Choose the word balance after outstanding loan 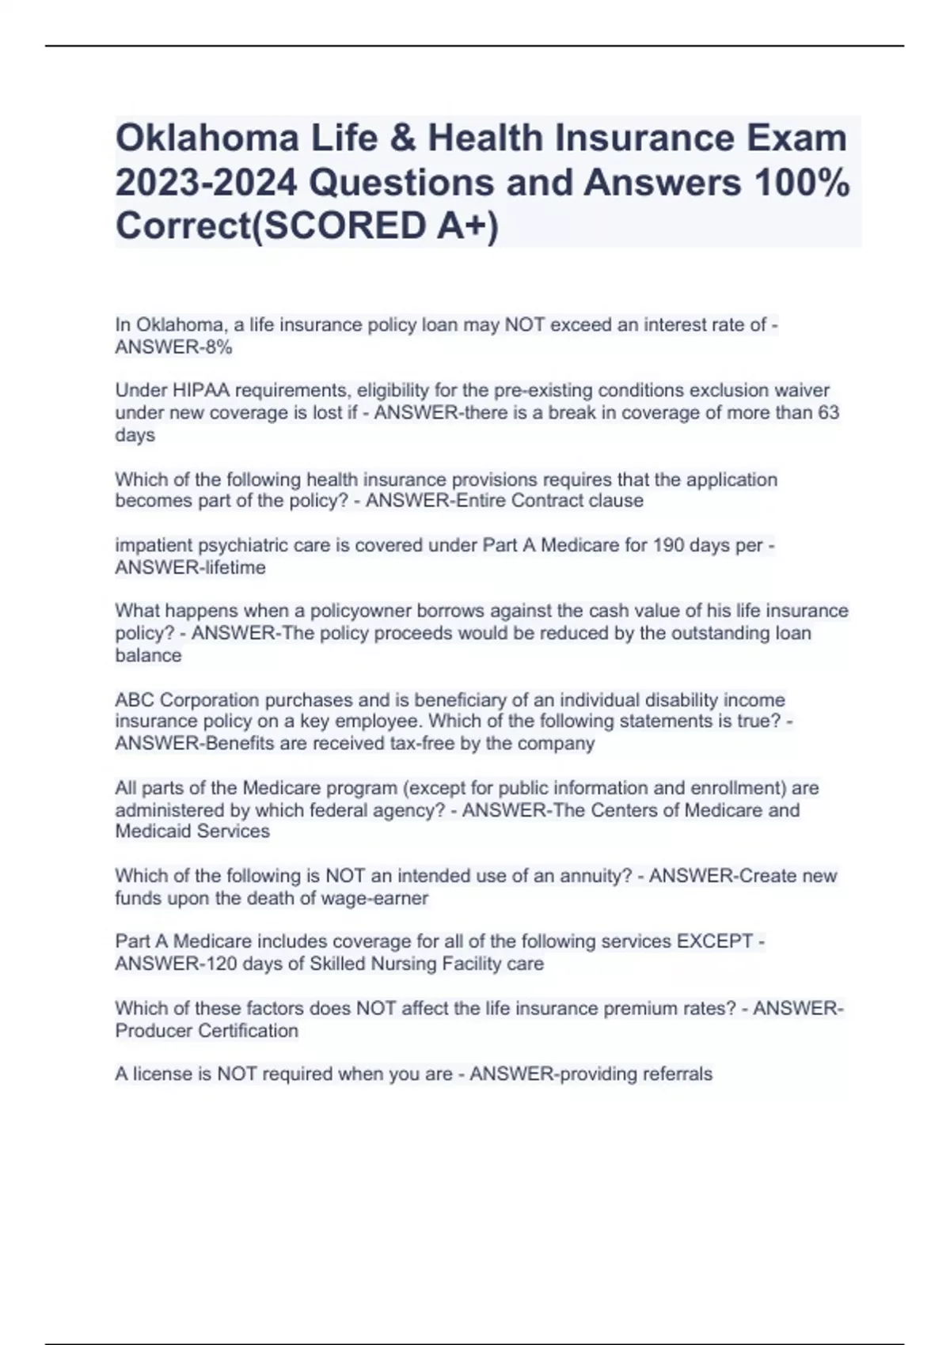click(x=148, y=655)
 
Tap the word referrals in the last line click(x=674, y=1074)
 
